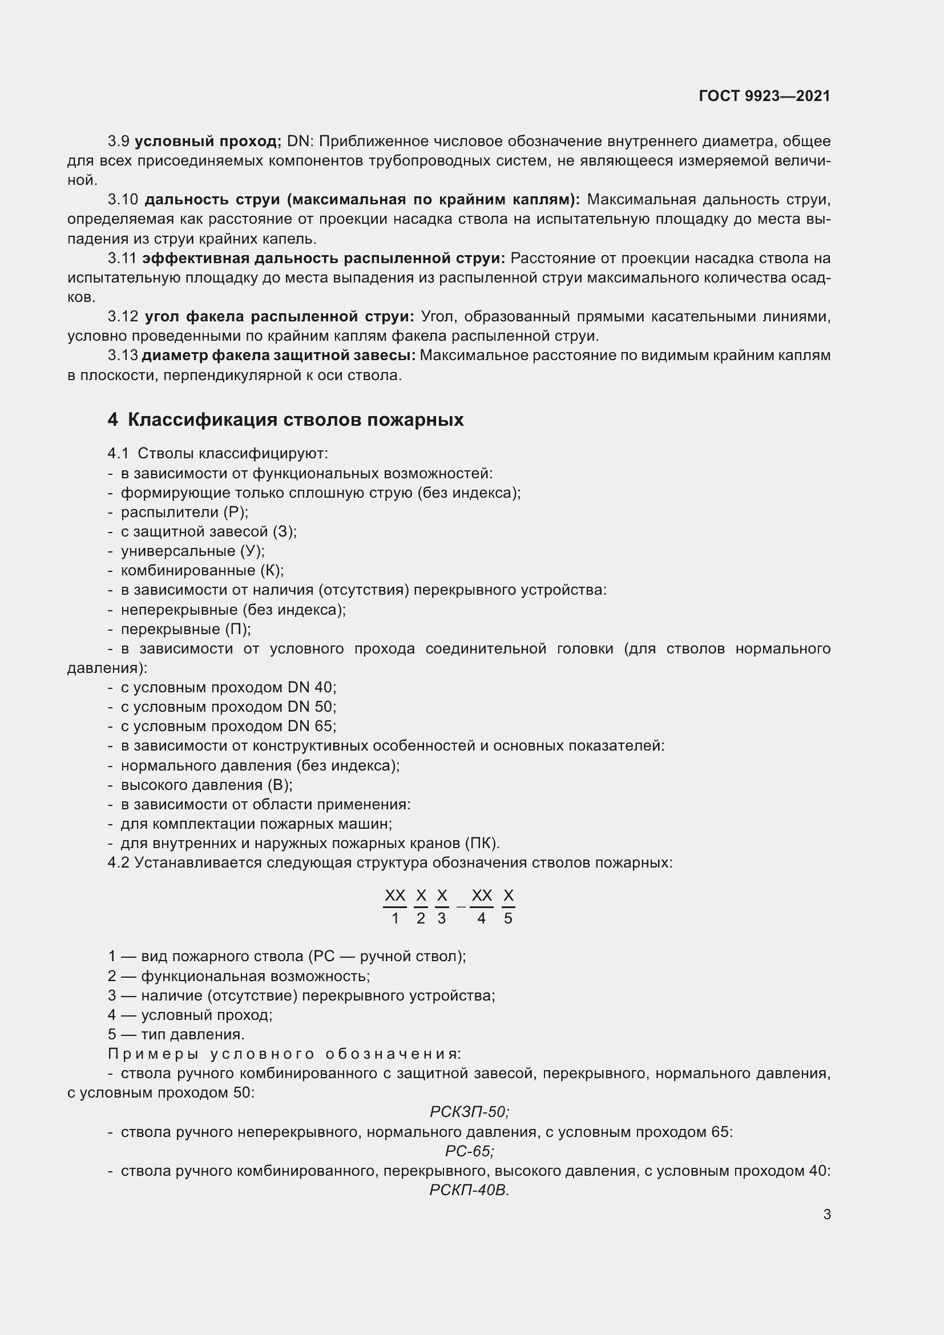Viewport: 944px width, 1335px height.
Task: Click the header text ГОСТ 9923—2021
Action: point(764,96)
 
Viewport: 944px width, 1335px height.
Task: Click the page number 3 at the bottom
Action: point(826,1214)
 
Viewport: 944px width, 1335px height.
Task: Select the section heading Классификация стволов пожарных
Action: point(295,420)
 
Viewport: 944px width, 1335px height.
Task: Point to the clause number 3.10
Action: point(123,200)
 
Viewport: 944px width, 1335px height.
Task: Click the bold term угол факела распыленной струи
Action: point(279,317)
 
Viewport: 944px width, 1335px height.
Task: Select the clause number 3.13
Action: point(123,355)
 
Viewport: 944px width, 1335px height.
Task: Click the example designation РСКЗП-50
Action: point(469,1112)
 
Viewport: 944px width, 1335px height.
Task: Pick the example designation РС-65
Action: point(469,1151)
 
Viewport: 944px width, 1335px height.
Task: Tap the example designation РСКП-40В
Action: point(469,1190)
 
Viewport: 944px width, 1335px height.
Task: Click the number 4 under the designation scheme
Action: point(481,919)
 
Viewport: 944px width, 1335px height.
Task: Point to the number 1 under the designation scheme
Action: point(396,919)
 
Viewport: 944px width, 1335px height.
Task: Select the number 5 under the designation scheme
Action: point(508,919)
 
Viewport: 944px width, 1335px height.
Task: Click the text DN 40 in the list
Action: point(311,687)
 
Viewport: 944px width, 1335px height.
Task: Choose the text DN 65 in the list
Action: point(311,726)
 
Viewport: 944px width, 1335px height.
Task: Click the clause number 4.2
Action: point(119,862)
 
